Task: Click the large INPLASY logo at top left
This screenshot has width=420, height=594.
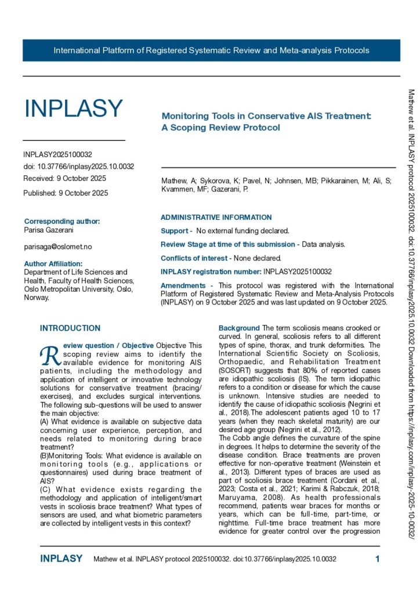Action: point(73,108)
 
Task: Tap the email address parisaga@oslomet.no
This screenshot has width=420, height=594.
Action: point(57,247)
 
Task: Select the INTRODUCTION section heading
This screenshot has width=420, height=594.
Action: point(70,328)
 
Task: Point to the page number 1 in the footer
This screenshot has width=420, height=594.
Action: point(378,559)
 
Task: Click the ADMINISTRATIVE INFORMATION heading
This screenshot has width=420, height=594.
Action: point(216,218)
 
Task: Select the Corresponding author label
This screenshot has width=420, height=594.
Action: point(61,221)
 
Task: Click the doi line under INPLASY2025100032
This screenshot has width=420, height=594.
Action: point(78,166)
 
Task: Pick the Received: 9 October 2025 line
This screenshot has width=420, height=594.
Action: point(64,179)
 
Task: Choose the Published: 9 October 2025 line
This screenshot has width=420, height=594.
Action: point(66,193)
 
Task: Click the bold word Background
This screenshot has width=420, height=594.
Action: point(239,328)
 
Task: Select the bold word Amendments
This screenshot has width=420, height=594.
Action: point(183,286)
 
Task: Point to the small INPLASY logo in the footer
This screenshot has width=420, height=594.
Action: point(61,559)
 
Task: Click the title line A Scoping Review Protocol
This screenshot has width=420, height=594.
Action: point(220,127)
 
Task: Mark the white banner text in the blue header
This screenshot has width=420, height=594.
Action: point(211,50)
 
